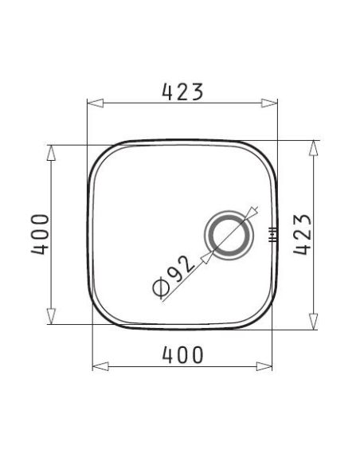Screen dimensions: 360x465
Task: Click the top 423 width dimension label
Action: tap(182, 92)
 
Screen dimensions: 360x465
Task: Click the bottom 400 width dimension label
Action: tap(183, 354)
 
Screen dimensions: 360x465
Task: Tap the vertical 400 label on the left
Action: tap(40, 234)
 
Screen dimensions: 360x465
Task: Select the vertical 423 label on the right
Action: tap(303, 234)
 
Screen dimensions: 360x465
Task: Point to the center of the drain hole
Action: tap(229, 235)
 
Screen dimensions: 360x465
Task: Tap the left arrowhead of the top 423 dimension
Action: tap(96, 104)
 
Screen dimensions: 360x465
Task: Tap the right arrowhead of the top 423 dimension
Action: tap(269, 104)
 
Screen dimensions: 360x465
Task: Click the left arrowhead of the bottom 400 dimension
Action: tap(100, 366)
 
